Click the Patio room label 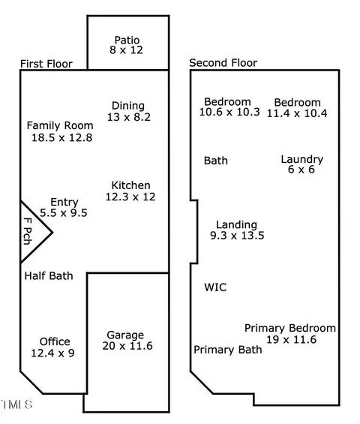tap(127, 40)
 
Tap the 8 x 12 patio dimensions tap(126, 50)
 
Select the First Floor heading tap(46, 64)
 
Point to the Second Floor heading tap(223, 63)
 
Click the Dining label tap(128, 106)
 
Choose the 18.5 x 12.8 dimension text tap(62, 137)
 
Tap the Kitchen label tap(130, 185)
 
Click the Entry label tap(64, 203)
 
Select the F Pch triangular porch tap(32, 232)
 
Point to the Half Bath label tap(49, 276)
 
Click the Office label tap(55, 341)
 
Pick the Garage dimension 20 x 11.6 tap(127, 346)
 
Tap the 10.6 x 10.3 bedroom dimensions tap(229, 112)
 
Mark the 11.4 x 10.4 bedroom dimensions tap(297, 113)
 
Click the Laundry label tap(302, 159)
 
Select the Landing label tap(236, 224)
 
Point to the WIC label tap(215, 287)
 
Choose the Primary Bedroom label tap(290, 328)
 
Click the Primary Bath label tap(228, 350)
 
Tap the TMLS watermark tap(16, 404)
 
